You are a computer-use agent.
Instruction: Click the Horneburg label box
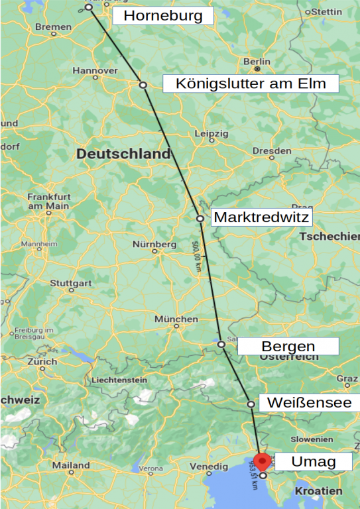pyautogui.click(x=163, y=16)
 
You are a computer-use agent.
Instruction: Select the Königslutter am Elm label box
pyautogui.click(x=251, y=84)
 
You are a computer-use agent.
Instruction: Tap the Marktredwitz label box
pyautogui.click(x=261, y=217)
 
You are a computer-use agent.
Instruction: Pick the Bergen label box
pyautogui.click(x=288, y=346)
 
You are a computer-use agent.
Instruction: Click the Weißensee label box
pyautogui.click(x=309, y=402)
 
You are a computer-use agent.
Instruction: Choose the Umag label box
pyautogui.click(x=312, y=461)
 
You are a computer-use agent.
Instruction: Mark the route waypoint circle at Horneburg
pyautogui.click(x=89, y=7)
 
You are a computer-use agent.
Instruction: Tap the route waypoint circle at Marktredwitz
pyautogui.click(x=200, y=218)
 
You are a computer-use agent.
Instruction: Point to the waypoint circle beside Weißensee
pyautogui.click(x=251, y=404)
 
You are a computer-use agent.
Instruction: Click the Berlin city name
pyautogui.click(x=257, y=62)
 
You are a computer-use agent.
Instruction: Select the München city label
pyautogui.click(x=176, y=319)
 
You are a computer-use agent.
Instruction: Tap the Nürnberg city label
pyautogui.click(x=154, y=244)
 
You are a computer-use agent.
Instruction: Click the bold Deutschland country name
pyautogui.click(x=123, y=154)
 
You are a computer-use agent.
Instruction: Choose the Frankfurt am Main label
pyautogui.click(x=48, y=201)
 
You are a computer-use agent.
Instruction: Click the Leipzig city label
pyautogui.click(x=211, y=133)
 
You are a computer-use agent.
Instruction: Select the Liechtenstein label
pyautogui.click(x=119, y=380)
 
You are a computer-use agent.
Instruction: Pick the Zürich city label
pyautogui.click(x=42, y=362)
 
